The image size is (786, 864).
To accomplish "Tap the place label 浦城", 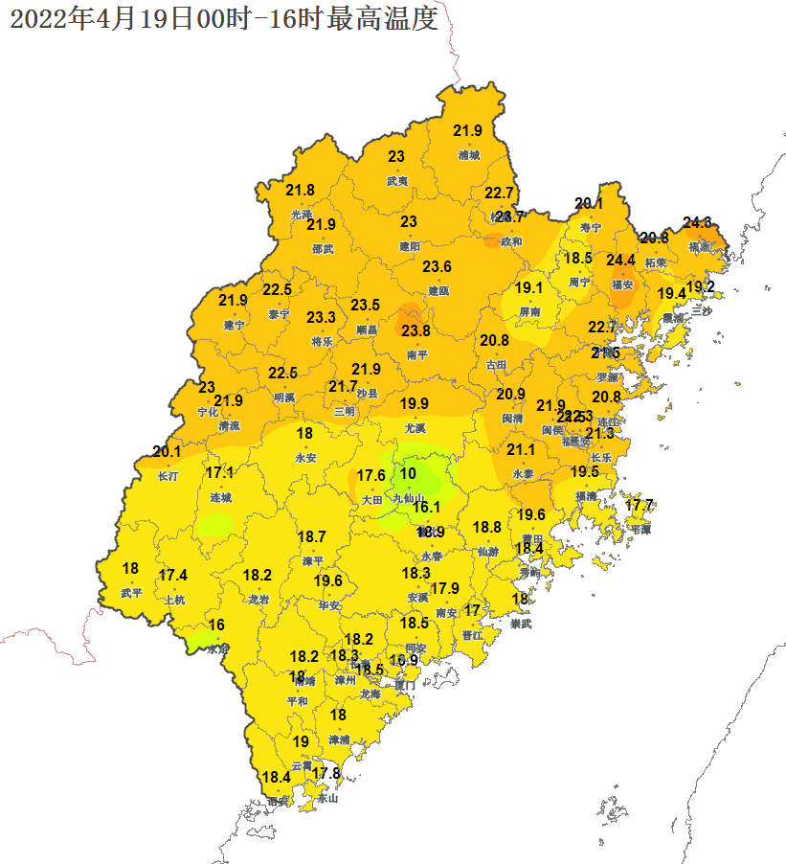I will tap(468, 154).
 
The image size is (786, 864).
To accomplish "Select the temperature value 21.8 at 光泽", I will tap(300, 191).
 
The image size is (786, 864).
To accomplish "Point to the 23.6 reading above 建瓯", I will tap(438, 266).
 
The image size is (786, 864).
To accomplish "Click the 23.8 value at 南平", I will tap(415, 330).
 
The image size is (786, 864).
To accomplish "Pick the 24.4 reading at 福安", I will tap(620, 261).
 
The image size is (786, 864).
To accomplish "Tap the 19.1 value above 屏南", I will tap(529, 288).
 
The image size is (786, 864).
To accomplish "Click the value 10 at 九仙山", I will tap(408, 473).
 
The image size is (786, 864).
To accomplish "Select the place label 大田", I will tap(371, 499).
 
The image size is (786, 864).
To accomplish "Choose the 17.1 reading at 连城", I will tap(220, 472).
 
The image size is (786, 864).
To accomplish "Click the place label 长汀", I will tap(167, 475).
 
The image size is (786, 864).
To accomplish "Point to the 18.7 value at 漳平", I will tap(312, 536).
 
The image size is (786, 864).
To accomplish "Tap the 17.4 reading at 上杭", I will tap(173, 575).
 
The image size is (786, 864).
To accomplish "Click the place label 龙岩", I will tap(258, 600).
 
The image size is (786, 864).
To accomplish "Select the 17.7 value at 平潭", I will tap(639, 505).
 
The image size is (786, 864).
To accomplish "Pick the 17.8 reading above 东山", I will tap(326, 773).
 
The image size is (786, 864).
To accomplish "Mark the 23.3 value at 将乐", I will tap(321, 317).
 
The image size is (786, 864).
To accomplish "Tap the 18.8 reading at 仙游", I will tap(486, 527).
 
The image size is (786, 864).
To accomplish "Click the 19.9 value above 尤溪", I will tap(415, 403).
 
